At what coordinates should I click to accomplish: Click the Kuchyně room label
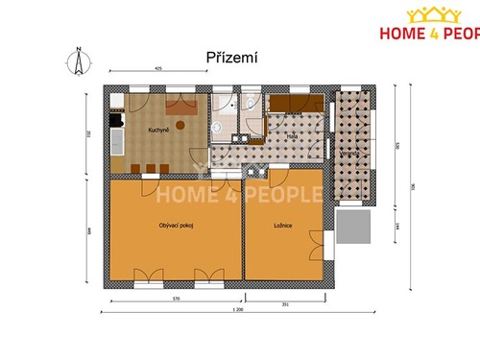(x=158, y=129)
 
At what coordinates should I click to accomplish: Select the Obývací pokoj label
(x=174, y=226)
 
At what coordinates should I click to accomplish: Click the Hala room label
(x=292, y=137)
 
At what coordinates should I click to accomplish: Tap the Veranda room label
(x=350, y=152)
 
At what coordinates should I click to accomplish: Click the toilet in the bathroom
(x=219, y=124)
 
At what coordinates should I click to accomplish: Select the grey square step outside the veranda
(x=355, y=228)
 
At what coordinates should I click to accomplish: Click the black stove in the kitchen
(x=116, y=119)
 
